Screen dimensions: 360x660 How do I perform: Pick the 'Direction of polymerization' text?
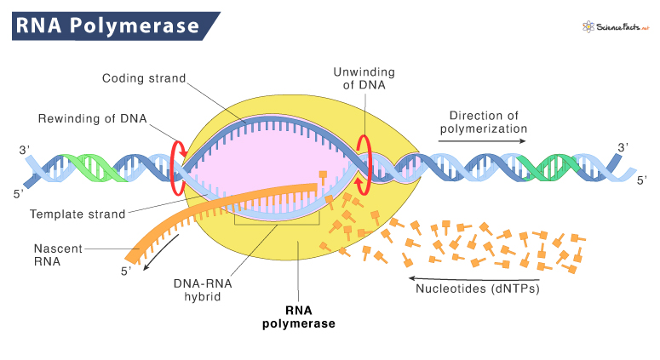click(488, 120)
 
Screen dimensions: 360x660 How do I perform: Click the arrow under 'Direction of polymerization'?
click(488, 141)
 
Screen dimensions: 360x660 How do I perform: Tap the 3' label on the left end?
click(24, 151)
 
